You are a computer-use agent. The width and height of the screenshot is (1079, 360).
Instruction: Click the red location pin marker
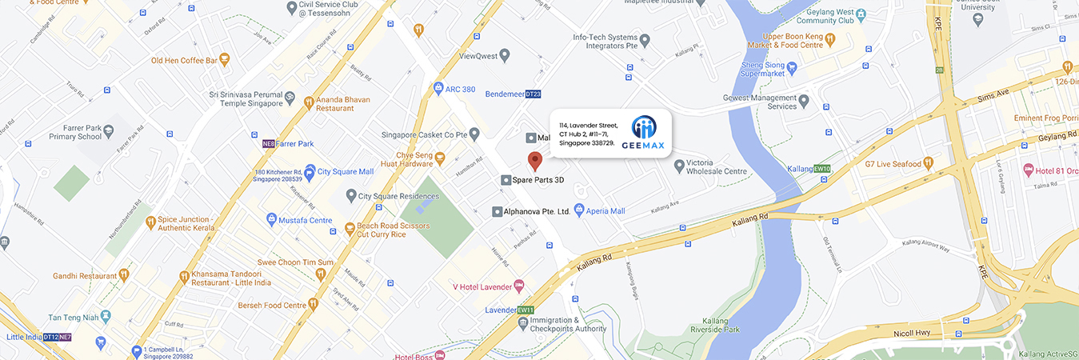535,158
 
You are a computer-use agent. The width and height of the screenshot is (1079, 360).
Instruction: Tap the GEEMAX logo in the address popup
644,133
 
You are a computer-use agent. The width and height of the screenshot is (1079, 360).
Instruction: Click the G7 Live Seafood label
893,164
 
